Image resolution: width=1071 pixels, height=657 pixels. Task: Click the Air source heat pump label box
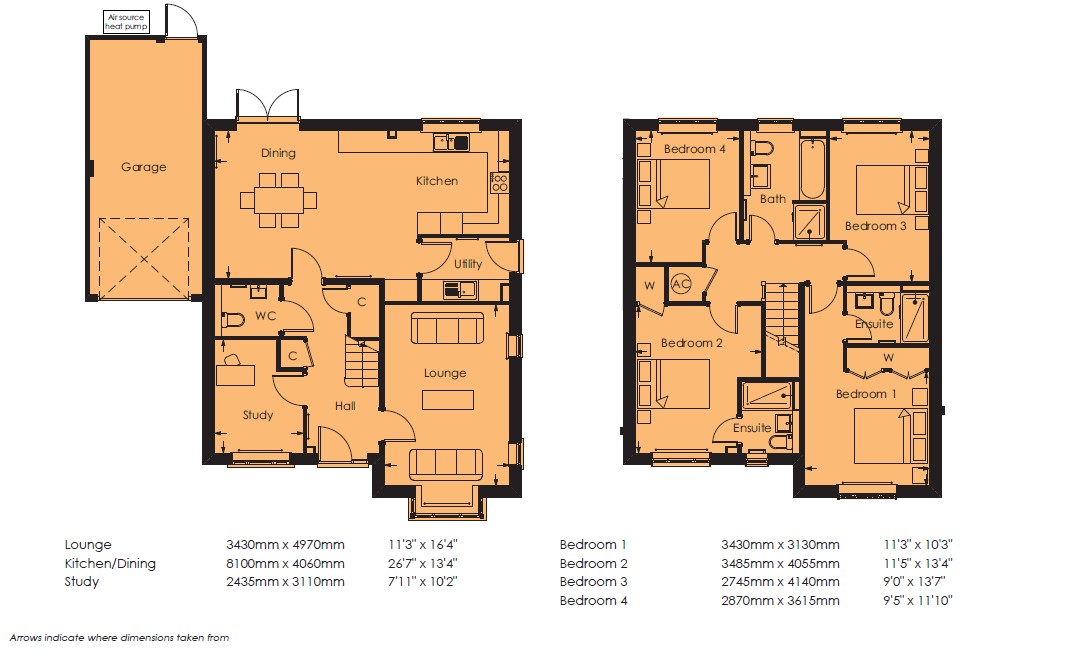tap(126, 22)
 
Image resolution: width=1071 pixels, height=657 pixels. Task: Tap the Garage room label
tap(143, 167)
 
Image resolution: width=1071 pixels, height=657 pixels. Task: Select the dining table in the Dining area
tap(279, 200)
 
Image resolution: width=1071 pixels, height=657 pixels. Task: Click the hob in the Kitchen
tap(499, 182)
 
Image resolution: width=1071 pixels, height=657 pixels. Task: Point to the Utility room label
tap(468, 264)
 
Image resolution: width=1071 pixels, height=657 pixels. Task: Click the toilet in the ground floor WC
tap(234, 320)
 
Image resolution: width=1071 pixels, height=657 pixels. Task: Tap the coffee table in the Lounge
tap(447, 400)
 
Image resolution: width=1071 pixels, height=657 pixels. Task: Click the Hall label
tap(345, 406)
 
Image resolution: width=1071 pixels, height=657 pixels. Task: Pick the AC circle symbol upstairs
tap(681, 283)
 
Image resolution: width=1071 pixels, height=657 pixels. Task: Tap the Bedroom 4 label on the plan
tap(695, 149)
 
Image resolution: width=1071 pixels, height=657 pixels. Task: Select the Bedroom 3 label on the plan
tap(876, 226)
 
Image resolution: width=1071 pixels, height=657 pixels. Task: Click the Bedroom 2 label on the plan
tap(692, 343)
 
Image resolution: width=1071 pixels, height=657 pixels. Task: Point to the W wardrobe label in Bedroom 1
tap(889, 358)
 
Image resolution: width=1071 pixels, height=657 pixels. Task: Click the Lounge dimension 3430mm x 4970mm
tap(286, 545)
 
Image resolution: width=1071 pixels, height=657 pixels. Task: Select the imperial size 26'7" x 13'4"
tap(423, 563)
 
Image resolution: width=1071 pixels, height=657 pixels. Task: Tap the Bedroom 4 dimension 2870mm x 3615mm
tap(780, 601)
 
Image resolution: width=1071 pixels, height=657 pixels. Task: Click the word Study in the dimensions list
tap(82, 582)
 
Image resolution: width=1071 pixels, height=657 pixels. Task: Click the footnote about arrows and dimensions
tap(120, 638)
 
